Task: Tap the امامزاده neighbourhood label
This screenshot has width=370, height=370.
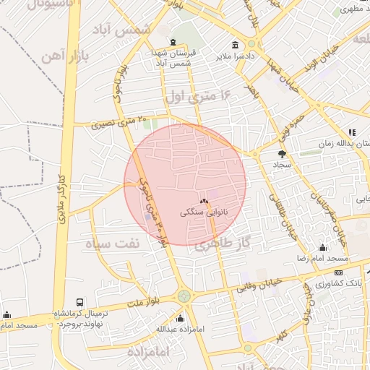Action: [x=148, y=352]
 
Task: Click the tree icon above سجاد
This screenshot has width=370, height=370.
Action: [x=282, y=153]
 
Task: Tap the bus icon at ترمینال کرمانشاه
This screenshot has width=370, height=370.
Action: [x=79, y=302]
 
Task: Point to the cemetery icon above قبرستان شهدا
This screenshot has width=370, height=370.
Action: [x=172, y=43]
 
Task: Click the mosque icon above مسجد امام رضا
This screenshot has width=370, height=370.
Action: [x=322, y=248]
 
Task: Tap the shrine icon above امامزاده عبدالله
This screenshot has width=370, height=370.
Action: [x=180, y=318]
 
